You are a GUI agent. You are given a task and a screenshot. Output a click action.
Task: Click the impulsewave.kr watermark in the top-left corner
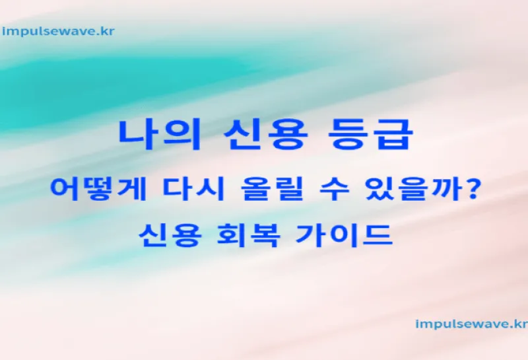pyautogui.click(x=58, y=32)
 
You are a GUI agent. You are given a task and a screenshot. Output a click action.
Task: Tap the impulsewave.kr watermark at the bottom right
pyautogui.click(x=472, y=324)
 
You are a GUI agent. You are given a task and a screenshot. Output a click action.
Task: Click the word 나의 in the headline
pyautogui.click(x=160, y=134)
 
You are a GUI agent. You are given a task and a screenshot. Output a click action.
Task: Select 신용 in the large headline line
pyautogui.click(x=266, y=134)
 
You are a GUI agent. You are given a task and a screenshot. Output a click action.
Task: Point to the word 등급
pyautogui.click(x=370, y=134)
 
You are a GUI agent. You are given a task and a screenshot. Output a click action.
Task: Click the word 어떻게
pyautogui.click(x=98, y=190)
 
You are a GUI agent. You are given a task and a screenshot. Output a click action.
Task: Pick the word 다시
pyautogui.click(x=193, y=190)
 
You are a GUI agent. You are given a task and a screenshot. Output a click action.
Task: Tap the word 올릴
pyautogui.click(x=272, y=190)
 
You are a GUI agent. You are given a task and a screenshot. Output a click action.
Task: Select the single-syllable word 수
pyautogui.click(x=334, y=190)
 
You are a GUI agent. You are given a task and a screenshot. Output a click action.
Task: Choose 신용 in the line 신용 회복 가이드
pyautogui.click(x=170, y=235)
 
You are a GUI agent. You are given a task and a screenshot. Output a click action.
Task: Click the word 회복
pyautogui.click(x=248, y=235)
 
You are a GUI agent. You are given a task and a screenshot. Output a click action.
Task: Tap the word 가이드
pyautogui.click(x=344, y=235)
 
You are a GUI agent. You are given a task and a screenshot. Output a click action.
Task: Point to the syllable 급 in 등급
pyautogui.click(x=393, y=134)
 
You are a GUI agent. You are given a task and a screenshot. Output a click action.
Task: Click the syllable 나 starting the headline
pyautogui.click(x=138, y=134)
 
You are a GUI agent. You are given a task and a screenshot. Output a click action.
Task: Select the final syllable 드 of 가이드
pyautogui.click(x=377, y=236)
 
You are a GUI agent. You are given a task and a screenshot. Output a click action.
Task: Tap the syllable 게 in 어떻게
pyautogui.click(x=132, y=190)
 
